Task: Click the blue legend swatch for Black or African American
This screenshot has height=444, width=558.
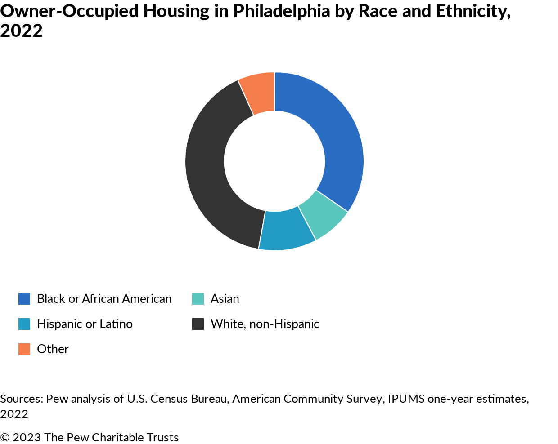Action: (x=24, y=299)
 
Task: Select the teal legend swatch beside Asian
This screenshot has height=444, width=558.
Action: (x=198, y=299)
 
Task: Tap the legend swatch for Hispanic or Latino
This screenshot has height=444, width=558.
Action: (x=24, y=324)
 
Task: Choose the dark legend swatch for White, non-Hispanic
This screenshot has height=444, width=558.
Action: (x=198, y=324)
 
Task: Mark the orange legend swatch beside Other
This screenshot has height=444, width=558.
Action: (x=24, y=349)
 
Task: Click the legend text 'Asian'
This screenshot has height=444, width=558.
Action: (x=225, y=299)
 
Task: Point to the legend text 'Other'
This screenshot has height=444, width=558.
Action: (x=53, y=349)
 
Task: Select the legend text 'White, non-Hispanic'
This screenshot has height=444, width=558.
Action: (x=265, y=324)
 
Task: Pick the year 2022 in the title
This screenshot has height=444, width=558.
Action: (x=21, y=31)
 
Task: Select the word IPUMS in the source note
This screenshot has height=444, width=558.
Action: (x=406, y=399)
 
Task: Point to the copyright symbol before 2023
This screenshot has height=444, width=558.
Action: (x=5, y=437)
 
